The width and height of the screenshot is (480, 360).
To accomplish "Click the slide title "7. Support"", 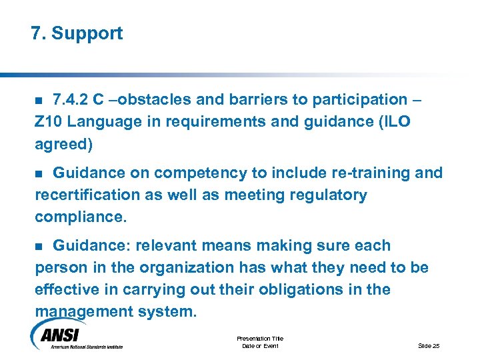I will click(77, 33).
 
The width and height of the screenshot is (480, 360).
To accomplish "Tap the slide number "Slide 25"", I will click(429, 345).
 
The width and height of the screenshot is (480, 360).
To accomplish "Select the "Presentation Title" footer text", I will click(260, 339).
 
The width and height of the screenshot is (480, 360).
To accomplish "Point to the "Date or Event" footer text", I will click(260, 346).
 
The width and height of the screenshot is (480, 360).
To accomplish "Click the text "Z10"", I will click(48, 122).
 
